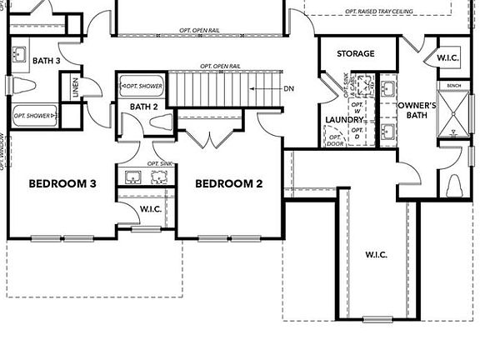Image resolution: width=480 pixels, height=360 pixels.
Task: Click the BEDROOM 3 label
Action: tap(62, 184)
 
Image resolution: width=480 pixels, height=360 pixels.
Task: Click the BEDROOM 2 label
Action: tap(229, 184)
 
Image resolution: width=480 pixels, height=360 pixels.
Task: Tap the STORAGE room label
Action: tap(355, 54)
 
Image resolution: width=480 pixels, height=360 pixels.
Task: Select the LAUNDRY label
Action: tap(343, 120)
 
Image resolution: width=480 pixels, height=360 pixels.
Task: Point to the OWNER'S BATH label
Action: tap(417, 111)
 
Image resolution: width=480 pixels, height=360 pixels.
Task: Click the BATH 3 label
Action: tap(47, 60)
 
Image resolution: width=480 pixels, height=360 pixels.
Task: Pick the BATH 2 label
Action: tap(144, 107)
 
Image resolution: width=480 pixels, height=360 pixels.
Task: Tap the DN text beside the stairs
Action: tap(288, 87)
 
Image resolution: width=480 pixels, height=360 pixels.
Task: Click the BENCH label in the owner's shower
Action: tap(454, 85)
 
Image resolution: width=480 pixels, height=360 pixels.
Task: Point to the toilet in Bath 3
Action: tap(22, 86)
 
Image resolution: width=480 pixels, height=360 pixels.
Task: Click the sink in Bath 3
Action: tap(20, 54)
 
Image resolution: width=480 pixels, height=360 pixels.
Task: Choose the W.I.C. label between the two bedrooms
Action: tap(151, 209)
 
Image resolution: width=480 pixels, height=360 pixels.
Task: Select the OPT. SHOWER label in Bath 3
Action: tap(32, 116)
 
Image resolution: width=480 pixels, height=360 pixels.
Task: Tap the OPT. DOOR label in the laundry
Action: tap(335, 138)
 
